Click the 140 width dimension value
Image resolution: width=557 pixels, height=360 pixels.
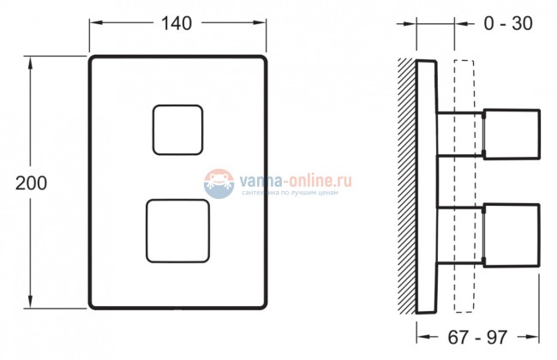tap(176, 24)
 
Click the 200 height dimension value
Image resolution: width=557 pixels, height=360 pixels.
tap(32, 183)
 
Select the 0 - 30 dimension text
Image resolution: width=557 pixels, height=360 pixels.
tap(507, 24)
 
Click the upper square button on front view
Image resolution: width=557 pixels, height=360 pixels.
tap(178, 129)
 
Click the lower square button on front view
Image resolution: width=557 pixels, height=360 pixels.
tap(178, 231)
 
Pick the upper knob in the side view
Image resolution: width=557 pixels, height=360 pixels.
tap(512, 134)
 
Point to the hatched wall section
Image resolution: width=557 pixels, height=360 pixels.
tap(406, 184)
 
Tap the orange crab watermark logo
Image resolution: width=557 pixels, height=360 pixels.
tap(220, 182)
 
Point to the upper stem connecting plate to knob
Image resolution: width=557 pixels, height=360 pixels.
tap(460, 135)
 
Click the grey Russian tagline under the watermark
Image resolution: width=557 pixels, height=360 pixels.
tap(291, 194)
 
